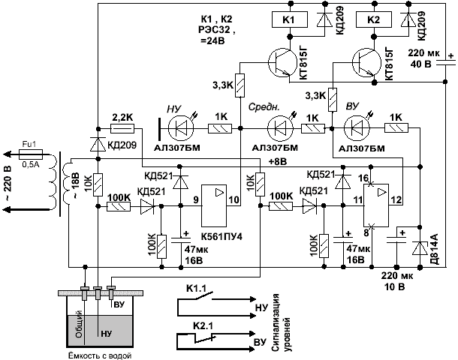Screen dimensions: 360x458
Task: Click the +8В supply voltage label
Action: click(278, 160)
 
